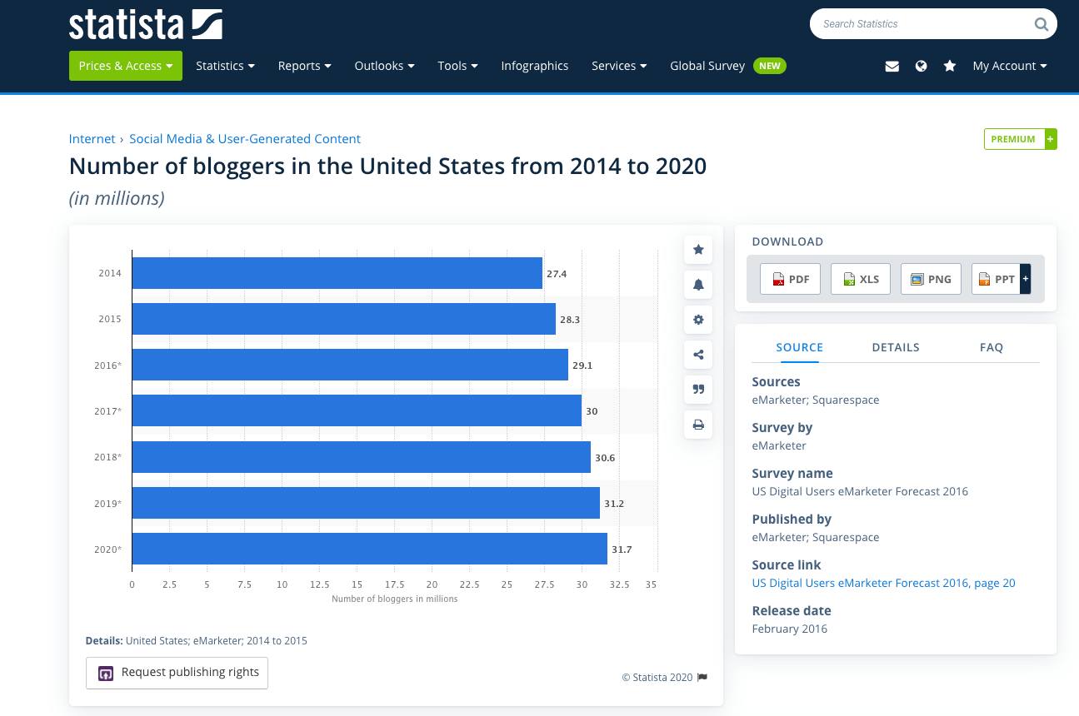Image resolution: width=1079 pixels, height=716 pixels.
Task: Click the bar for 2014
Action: coord(337,273)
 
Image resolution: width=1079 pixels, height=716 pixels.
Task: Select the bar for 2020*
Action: coord(369,549)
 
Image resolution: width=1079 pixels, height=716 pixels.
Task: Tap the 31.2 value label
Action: coord(614,503)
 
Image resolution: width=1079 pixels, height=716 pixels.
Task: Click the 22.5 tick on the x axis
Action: coord(469,584)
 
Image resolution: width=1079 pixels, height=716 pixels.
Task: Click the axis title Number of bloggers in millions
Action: coord(394,599)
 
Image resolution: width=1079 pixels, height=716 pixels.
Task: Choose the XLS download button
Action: coord(861,279)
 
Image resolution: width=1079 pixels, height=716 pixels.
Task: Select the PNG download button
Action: coord(931,279)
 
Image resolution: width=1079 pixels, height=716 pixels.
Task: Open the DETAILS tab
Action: coord(896,347)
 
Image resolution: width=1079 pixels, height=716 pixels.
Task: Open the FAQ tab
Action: coord(991,347)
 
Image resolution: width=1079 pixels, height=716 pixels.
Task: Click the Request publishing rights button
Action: coord(177,673)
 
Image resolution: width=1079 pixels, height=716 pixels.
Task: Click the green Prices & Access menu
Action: coord(126,66)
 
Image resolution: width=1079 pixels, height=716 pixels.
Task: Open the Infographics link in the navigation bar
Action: coord(535,66)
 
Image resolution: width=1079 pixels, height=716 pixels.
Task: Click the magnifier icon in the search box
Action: coord(1042,24)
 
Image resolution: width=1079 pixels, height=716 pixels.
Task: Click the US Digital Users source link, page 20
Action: coord(883,583)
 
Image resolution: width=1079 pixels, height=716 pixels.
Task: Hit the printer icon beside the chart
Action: coord(698,425)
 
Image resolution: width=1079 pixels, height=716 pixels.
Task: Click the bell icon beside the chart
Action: coord(698,285)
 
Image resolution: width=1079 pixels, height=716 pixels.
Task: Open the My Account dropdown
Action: coord(1009,66)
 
